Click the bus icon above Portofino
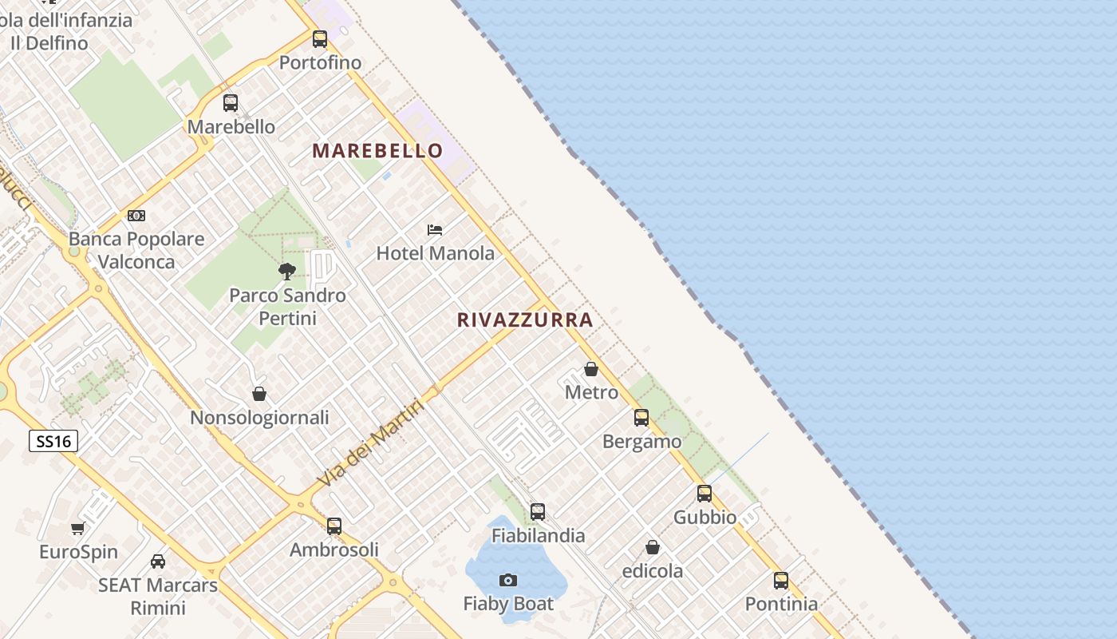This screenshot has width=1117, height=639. click(320, 38)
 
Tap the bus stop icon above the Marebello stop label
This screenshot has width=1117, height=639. click(231, 102)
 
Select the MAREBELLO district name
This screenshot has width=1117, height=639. click(377, 150)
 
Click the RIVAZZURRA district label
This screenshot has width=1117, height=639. click(525, 320)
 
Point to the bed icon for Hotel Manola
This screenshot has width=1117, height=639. click(435, 230)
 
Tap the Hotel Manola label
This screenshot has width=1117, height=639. click(435, 253)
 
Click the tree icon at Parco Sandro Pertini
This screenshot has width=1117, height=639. click(287, 272)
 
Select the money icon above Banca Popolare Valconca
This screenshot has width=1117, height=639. click(136, 216)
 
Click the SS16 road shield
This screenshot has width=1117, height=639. click(53, 441)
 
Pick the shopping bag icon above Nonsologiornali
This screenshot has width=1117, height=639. click(259, 394)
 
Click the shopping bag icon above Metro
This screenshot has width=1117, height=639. click(591, 369)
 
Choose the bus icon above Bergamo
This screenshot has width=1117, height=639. click(641, 418)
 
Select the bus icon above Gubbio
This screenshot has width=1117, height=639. click(705, 494)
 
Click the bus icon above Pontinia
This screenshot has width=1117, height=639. click(781, 581)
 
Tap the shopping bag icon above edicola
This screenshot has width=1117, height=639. click(653, 547)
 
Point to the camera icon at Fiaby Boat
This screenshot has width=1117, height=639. click(508, 580)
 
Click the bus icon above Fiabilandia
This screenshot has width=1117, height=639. click(538, 512)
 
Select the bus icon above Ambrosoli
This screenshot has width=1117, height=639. click(334, 526)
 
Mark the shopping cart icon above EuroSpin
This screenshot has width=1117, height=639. click(78, 528)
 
